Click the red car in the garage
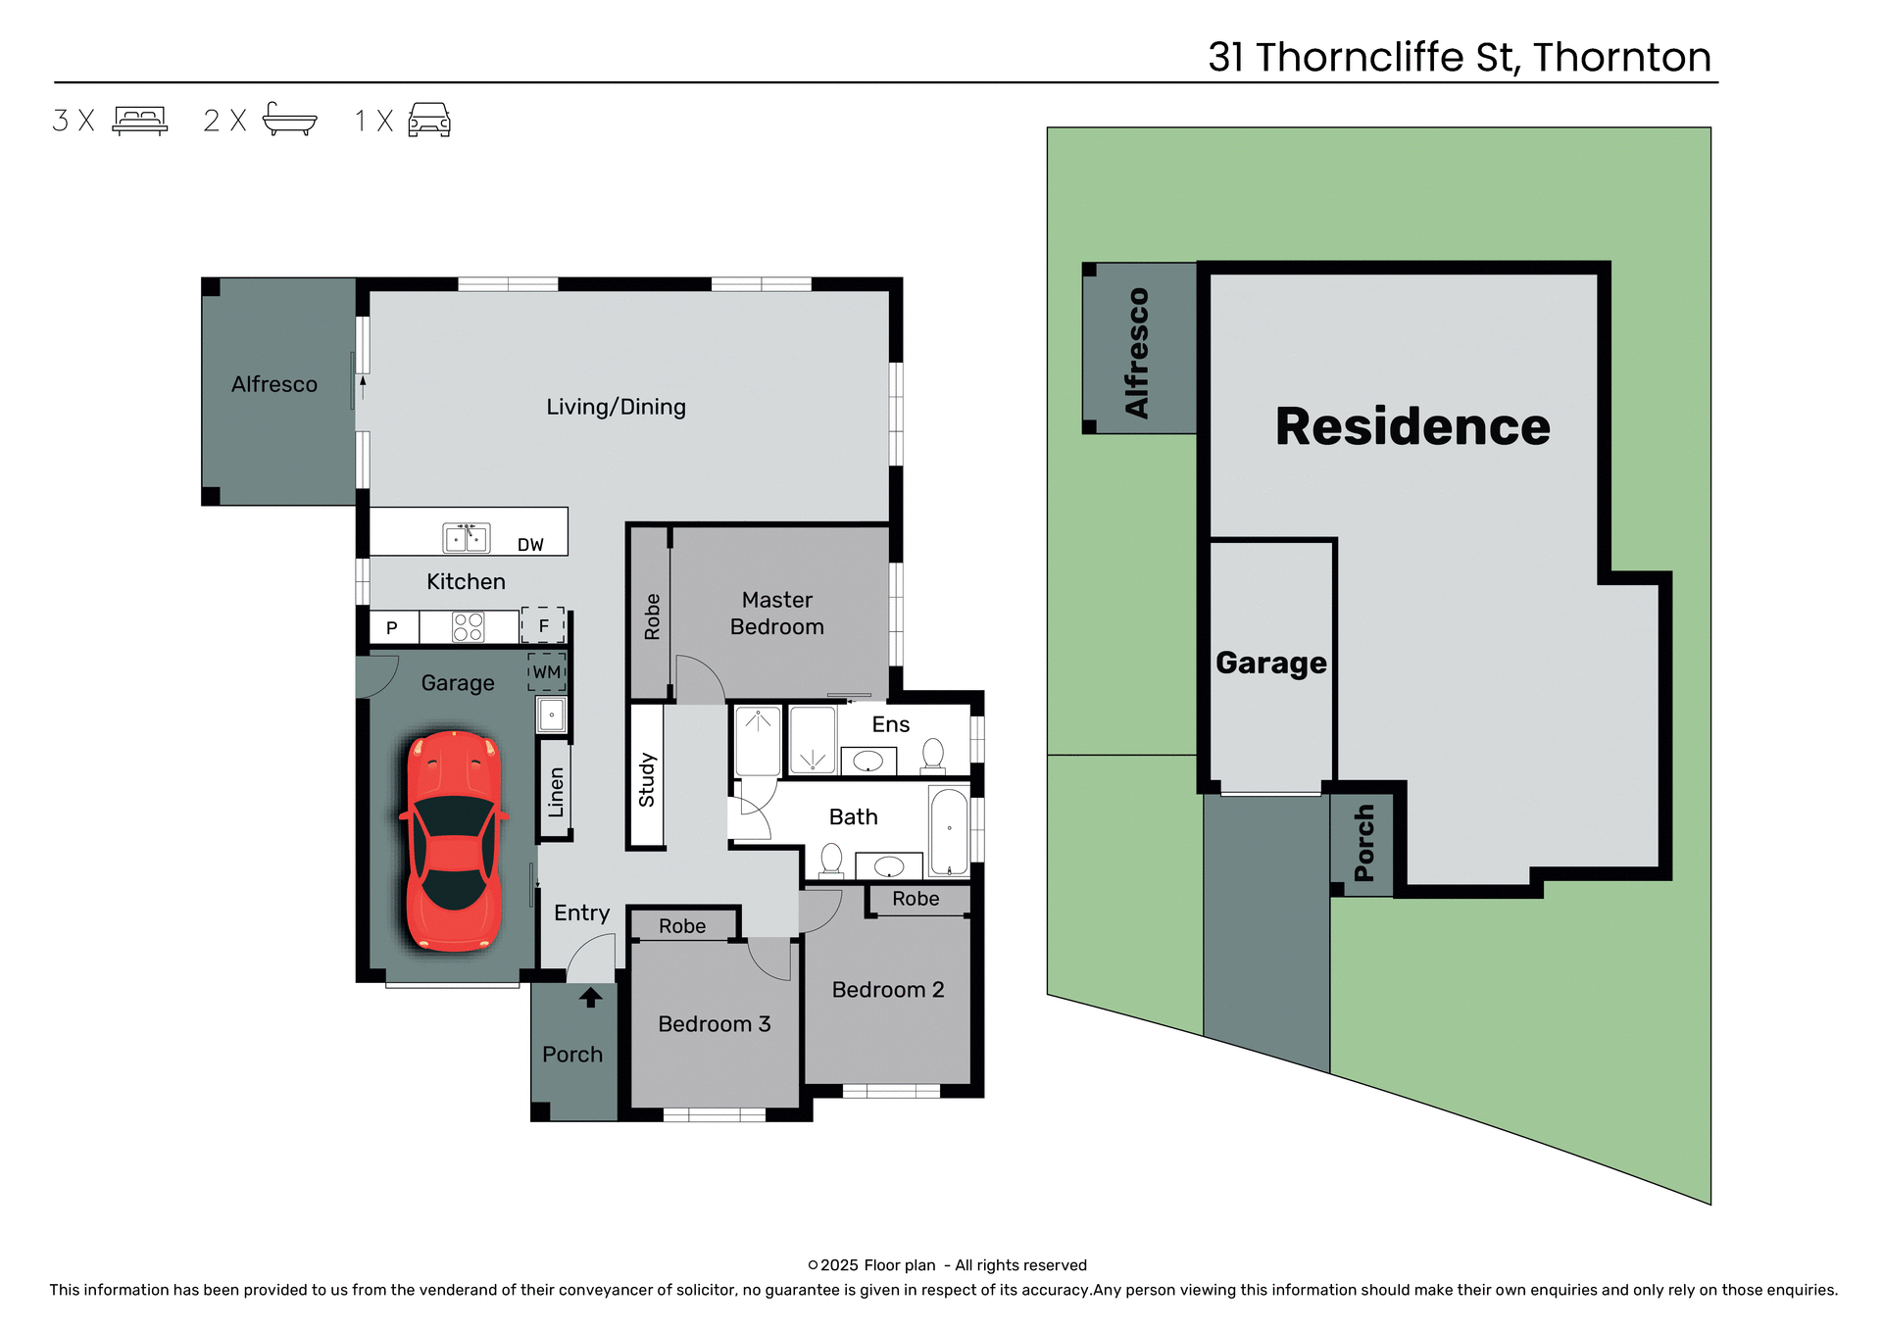pyautogui.click(x=454, y=841)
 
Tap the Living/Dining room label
pyautogui.click(x=616, y=407)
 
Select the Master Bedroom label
pyautogui.click(x=777, y=614)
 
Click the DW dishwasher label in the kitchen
pyautogui.click(x=530, y=545)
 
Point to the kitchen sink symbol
pyautogui.click(x=467, y=538)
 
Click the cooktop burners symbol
pyautogui.click(x=469, y=627)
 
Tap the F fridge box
pyautogui.click(x=544, y=625)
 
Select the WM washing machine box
pyautogui.click(x=547, y=672)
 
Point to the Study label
pyautogui.click(x=647, y=780)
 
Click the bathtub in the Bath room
pyautogui.click(x=949, y=832)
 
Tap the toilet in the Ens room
pyautogui.click(x=933, y=755)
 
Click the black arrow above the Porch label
pyautogui.click(x=590, y=998)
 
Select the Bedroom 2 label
pyautogui.click(x=888, y=990)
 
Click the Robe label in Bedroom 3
pyautogui.click(x=682, y=926)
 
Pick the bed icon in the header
pyautogui.click(x=140, y=120)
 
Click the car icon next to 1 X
pyautogui.click(x=429, y=120)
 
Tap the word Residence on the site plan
pyautogui.click(x=1412, y=427)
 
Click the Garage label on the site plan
pyautogui.click(x=1271, y=664)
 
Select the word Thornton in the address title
pyautogui.click(x=1622, y=57)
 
